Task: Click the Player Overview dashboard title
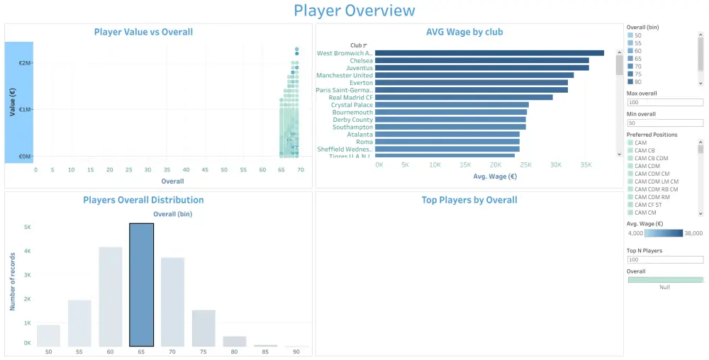pyautogui.click(x=354, y=11)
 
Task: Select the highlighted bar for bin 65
pyautogui.click(x=141, y=285)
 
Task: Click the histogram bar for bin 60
pyautogui.click(x=110, y=296)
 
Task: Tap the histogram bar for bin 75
pyautogui.click(x=203, y=328)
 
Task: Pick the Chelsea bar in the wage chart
pyautogui.click(x=482, y=61)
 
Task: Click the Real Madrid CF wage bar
pyautogui.click(x=464, y=98)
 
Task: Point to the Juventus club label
pyautogui.click(x=356, y=68)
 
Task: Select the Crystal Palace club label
pyautogui.click(x=352, y=105)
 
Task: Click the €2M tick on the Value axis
pyautogui.click(x=25, y=63)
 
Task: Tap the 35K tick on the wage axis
pyautogui.click(x=586, y=164)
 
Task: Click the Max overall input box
pyautogui.click(x=664, y=102)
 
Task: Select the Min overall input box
pyautogui.click(x=664, y=123)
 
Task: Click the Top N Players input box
pyautogui.click(x=664, y=259)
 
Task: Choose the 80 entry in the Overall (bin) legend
pyautogui.click(x=638, y=81)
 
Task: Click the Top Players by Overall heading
pyautogui.click(x=469, y=200)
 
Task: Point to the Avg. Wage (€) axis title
pyautogui.click(x=494, y=176)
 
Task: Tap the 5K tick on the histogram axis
pyautogui.click(x=27, y=227)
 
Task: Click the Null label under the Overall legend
pyautogui.click(x=664, y=287)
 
